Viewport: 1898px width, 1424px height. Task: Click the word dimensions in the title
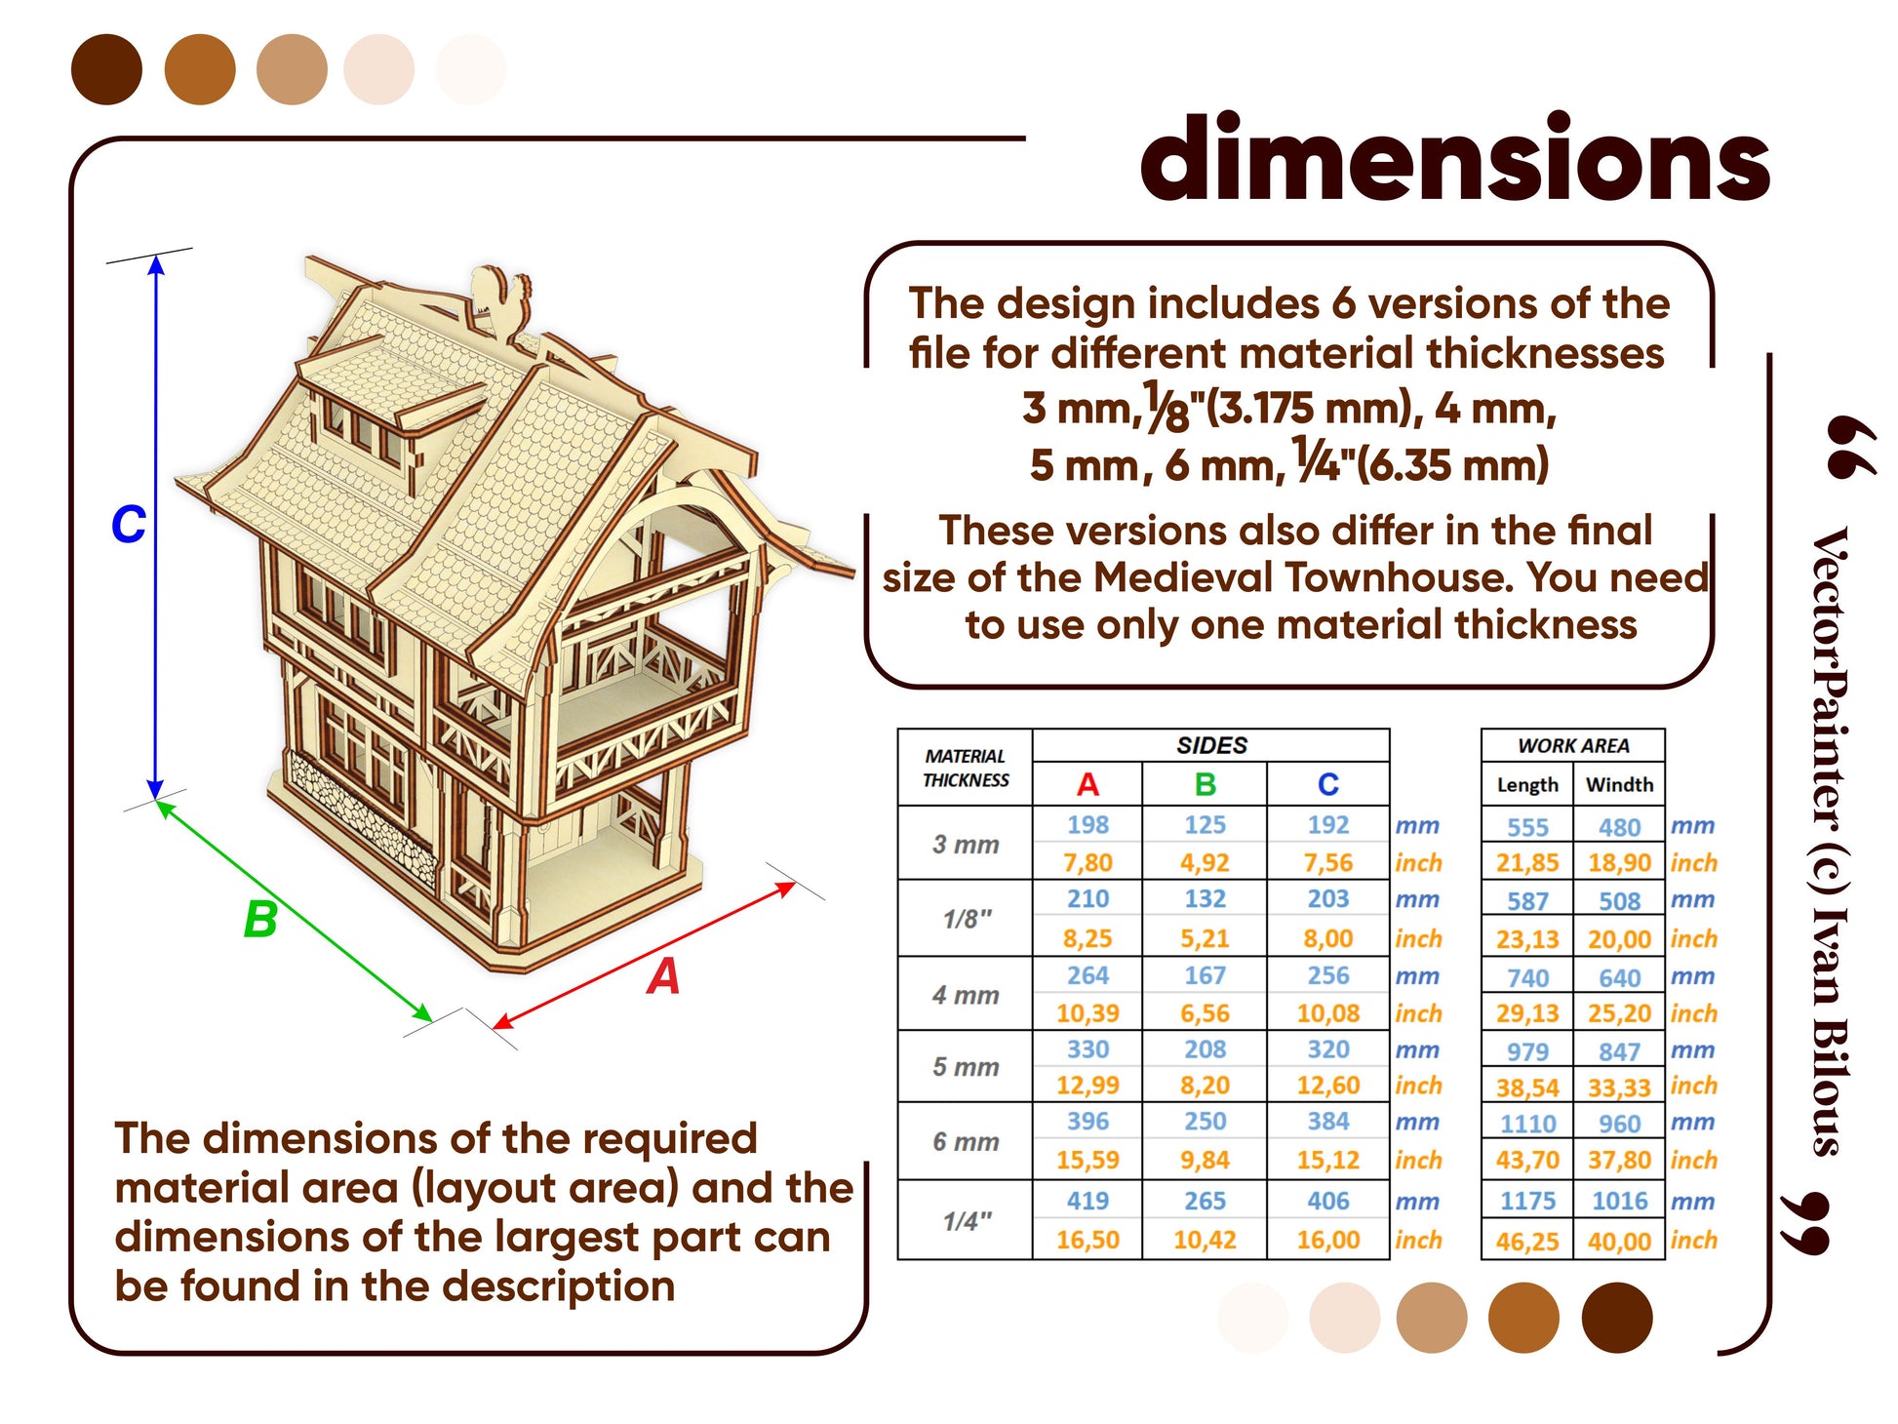click(1454, 158)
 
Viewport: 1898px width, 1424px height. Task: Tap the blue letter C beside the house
click(128, 524)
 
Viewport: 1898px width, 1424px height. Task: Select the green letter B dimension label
click(260, 919)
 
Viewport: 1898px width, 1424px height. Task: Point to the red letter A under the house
click(663, 975)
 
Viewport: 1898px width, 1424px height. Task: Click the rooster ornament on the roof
click(500, 298)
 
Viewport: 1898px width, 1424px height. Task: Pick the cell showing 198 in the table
click(1087, 825)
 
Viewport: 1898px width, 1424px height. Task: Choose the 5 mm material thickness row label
click(966, 1067)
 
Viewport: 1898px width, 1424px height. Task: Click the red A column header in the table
click(1087, 784)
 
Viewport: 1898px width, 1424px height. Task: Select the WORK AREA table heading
click(1573, 746)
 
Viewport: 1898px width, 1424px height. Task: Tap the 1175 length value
click(1527, 1202)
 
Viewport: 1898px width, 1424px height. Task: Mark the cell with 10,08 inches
click(1327, 1013)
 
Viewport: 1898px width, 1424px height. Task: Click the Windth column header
click(1619, 784)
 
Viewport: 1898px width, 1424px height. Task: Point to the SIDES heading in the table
click(1211, 746)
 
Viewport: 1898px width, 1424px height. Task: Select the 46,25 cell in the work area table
click(1527, 1242)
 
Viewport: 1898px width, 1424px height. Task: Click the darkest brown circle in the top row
click(107, 69)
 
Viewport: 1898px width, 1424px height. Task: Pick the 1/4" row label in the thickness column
click(968, 1221)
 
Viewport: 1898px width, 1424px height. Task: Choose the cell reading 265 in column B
click(1205, 1202)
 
